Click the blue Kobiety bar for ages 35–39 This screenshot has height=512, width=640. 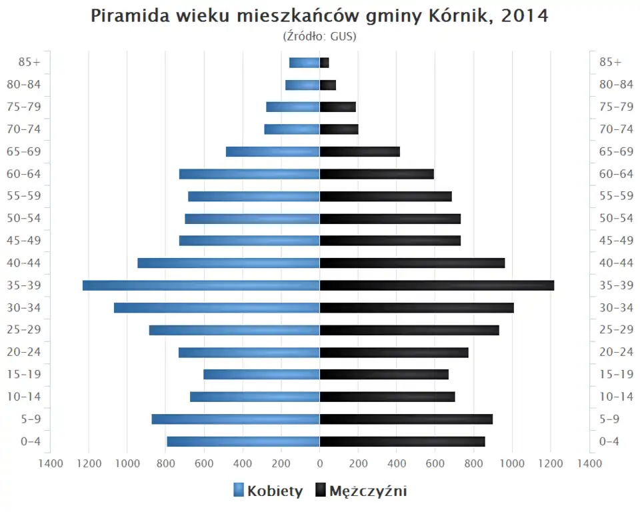click(x=201, y=285)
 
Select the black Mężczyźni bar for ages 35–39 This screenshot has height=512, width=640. click(x=437, y=285)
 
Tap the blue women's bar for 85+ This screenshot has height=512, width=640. click(x=304, y=63)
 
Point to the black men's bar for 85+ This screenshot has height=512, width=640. click(x=325, y=63)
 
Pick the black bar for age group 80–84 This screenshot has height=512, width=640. click(x=328, y=85)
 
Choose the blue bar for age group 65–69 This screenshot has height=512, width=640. click(x=273, y=151)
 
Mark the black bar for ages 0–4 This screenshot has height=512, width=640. click(x=402, y=441)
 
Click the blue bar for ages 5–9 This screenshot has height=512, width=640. click(x=235, y=419)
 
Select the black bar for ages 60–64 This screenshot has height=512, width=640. click(x=377, y=174)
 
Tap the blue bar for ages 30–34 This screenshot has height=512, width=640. click(x=217, y=307)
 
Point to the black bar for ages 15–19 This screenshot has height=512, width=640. click(x=384, y=374)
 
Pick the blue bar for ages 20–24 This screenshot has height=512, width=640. click(x=249, y=352)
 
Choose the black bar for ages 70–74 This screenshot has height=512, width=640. click(x=339, y=129)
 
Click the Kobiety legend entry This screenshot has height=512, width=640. click(x=268, y=491)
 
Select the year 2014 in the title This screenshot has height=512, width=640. click(x=525, y=16)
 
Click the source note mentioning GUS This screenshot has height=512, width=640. click(x=319, y=36)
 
